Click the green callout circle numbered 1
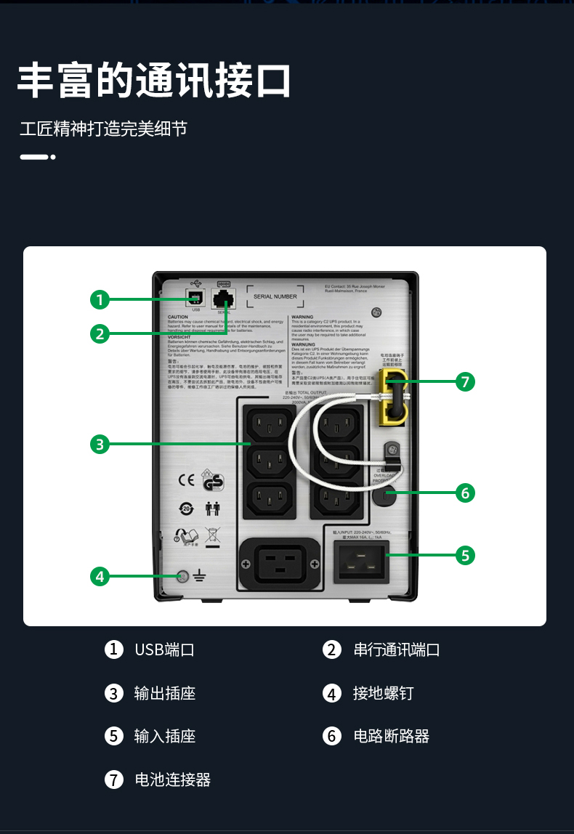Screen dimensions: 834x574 [100, 299]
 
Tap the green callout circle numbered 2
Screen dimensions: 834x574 [100, 333]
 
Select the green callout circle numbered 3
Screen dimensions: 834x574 [100, 444]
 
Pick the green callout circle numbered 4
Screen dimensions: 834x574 [100, 577]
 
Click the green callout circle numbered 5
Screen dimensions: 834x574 [466, 555]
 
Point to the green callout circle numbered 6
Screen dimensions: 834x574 [466, 493]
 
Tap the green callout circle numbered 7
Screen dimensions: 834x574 [466, 381]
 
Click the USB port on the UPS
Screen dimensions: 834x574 [195, 298]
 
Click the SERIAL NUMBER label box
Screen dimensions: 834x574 [275, 296]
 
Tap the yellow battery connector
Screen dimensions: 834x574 [390, 396]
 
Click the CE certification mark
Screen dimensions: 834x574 [186, 479]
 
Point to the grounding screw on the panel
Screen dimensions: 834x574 [183, 577]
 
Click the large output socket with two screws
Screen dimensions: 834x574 [280, 564]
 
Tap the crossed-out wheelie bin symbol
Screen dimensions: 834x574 [212, 537]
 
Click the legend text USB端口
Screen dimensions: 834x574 [164, 649]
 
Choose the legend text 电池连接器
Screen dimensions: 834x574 [172, 780]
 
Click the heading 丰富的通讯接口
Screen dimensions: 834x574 [153, 80]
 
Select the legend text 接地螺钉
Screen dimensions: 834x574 [383, 693]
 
